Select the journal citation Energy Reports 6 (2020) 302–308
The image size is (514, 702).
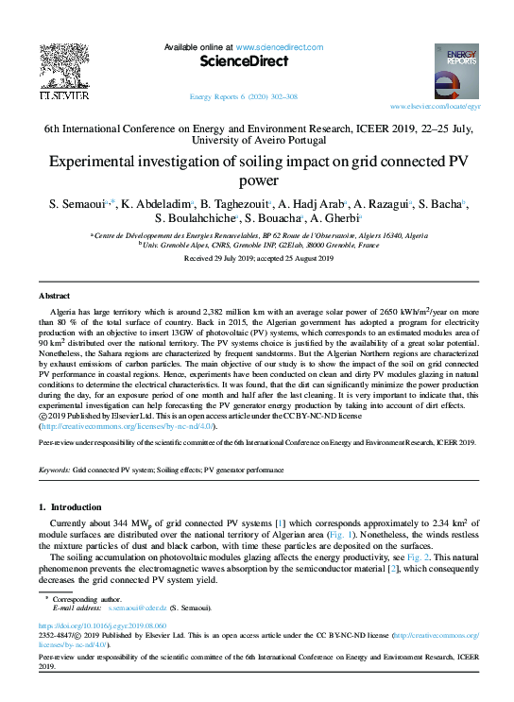click(x=244, y=96)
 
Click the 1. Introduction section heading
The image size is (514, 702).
click(x=80, y=507)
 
